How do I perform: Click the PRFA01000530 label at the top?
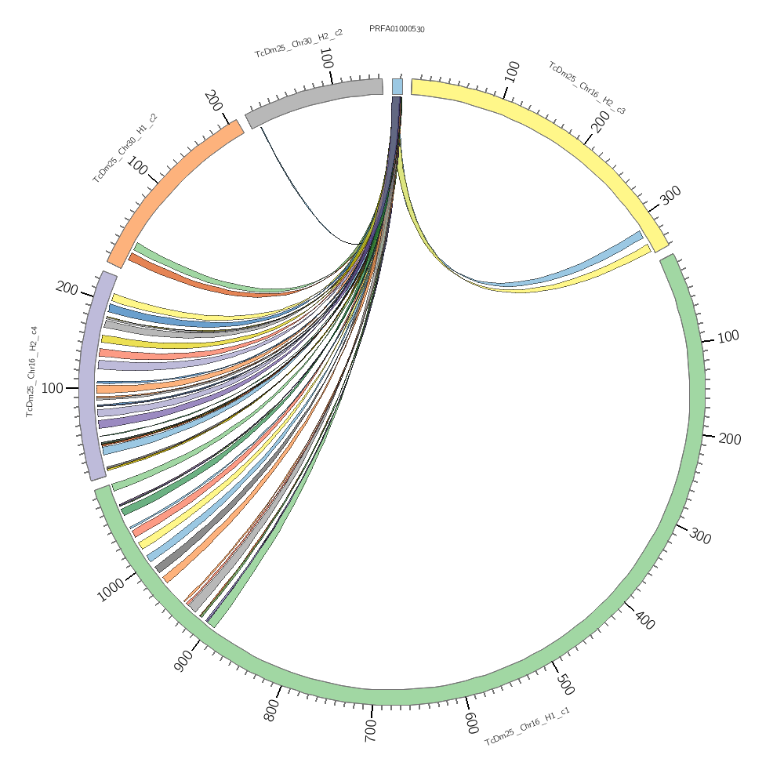pos(397,29)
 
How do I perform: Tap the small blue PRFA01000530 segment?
pos(397,86)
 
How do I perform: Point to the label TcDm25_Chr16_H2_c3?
pos(586,88)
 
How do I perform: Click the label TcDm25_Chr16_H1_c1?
pos(527,726)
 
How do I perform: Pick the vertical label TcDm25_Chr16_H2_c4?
pos(31,372)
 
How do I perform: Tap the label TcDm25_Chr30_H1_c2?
pos(125,148)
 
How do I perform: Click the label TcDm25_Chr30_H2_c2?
pos(299,43)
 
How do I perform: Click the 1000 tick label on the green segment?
pos(111,590)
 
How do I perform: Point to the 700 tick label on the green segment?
pos(371,731)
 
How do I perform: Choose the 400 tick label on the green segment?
pos(644,620)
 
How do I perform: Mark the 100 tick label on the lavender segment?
pos(53,388)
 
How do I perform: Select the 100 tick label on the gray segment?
pos(326,59)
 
